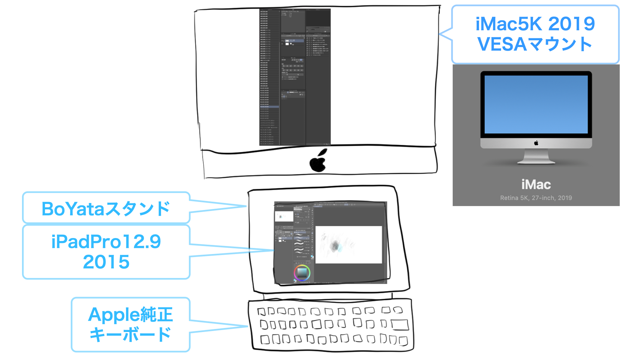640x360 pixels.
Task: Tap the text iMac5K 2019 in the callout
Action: coord(535,24)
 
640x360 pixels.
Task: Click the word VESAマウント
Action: coord(535,44)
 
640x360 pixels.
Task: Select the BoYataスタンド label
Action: coord(106,209)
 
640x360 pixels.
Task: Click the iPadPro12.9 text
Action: coord(106,242)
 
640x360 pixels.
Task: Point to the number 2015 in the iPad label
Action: coord(106,262)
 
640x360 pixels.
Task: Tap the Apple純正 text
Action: coord(130,315)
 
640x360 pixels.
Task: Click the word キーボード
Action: coord(130,335)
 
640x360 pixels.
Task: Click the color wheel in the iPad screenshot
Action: coord(302,273)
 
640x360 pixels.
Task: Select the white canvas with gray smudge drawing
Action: coord(348,245)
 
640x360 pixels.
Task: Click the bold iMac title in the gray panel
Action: coord(536,184)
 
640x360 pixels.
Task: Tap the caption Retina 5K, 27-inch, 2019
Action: coord(536,198)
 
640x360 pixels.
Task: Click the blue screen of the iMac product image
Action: coord(536,104)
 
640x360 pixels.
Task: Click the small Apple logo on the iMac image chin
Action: coord(536,143)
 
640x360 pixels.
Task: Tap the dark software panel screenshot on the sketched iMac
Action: coord(295,77)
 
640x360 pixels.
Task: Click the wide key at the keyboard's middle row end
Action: coord(399,325)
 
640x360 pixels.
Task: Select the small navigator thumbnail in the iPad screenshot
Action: coord(284,216)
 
